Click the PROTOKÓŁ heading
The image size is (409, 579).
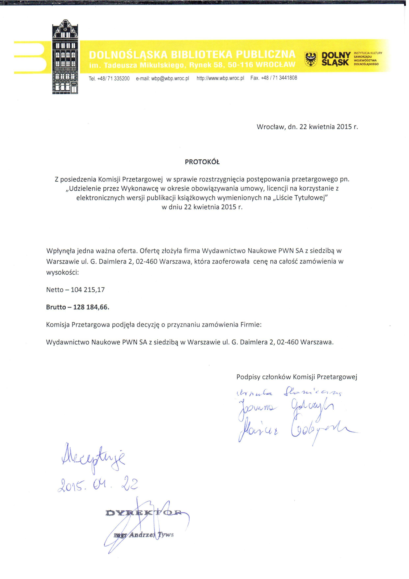(x=202, y=162)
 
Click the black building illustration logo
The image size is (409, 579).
(x=65, y=57)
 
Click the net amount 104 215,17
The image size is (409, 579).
(x=88, y=290)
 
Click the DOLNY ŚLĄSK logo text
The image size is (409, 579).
(x=336, y=59)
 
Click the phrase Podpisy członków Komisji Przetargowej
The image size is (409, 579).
(x=297, y=377)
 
